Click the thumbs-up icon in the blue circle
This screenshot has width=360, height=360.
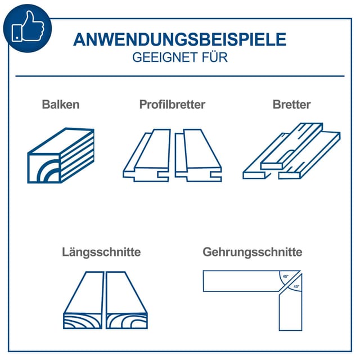pos(28,26)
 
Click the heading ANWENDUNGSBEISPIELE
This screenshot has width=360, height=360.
pos(180,39)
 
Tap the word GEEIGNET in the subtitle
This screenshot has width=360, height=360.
pos(165,57)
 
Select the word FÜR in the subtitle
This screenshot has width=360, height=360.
pos(215,57)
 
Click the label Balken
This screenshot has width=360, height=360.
pos(61,105)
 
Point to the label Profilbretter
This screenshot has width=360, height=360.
pos(172,105)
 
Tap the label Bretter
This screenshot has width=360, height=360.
pos(291,105)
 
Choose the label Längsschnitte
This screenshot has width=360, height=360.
pos(101,252)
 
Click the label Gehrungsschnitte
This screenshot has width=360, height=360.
pos(253,252)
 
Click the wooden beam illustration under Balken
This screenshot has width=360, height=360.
pos(61,155)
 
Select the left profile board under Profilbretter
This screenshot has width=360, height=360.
pos(147,155)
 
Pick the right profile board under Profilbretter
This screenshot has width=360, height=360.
pos(198,155)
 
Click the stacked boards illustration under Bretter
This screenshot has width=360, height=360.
pos(291,151)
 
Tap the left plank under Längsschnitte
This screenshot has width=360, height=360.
pos(83,300)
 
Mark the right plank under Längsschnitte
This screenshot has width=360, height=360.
pos(127,300)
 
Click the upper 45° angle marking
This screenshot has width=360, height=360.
pos(285,276)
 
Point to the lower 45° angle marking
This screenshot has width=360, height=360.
pos(296,286)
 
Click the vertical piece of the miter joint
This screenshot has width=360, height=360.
pos(291,305)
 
